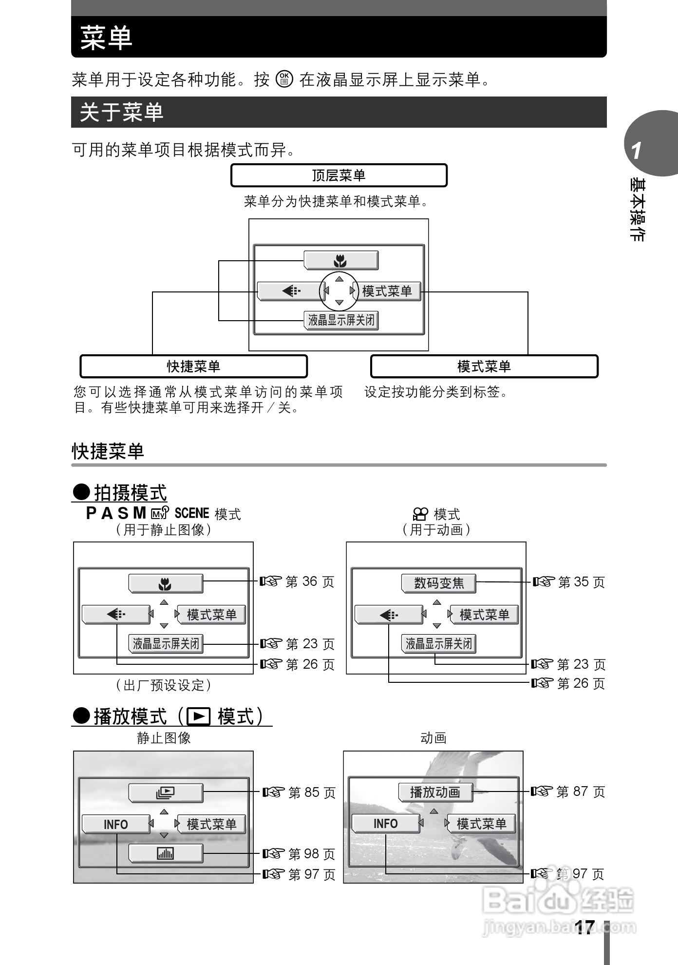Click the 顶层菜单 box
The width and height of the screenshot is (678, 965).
click(x=339, y=175)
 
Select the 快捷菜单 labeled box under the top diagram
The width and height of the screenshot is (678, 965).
click(x=193, y=366)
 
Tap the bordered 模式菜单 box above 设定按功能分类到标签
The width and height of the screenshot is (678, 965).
click(x=484, y=366)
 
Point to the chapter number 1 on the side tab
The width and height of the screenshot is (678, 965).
click(x=636, y=151)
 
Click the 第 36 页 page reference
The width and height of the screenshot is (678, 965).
click(x=310, y=581)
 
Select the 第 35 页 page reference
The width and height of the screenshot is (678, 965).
click(x=582, y=582)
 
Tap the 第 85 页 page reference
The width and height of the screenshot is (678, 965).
click(x=312, y=792)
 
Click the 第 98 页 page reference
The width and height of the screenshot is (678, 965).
click(x=312, y=854)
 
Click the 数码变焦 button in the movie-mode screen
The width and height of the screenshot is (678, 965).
click(x=439, y=583)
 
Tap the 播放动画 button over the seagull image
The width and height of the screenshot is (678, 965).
click(x=435, y=792)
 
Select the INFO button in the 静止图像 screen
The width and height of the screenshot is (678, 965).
click(x=116, y=824)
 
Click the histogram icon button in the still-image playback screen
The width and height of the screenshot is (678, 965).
click(x=166, y=853)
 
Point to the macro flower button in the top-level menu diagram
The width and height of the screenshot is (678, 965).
click(x=340, y=261)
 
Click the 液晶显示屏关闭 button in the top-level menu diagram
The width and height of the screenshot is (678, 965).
click(x=341, y=320)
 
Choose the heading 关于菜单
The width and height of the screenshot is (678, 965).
click(x=122, y=112)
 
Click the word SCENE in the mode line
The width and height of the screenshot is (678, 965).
click(x=191, y=513)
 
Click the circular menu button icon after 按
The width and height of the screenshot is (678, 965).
click(x=284, y=79)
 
